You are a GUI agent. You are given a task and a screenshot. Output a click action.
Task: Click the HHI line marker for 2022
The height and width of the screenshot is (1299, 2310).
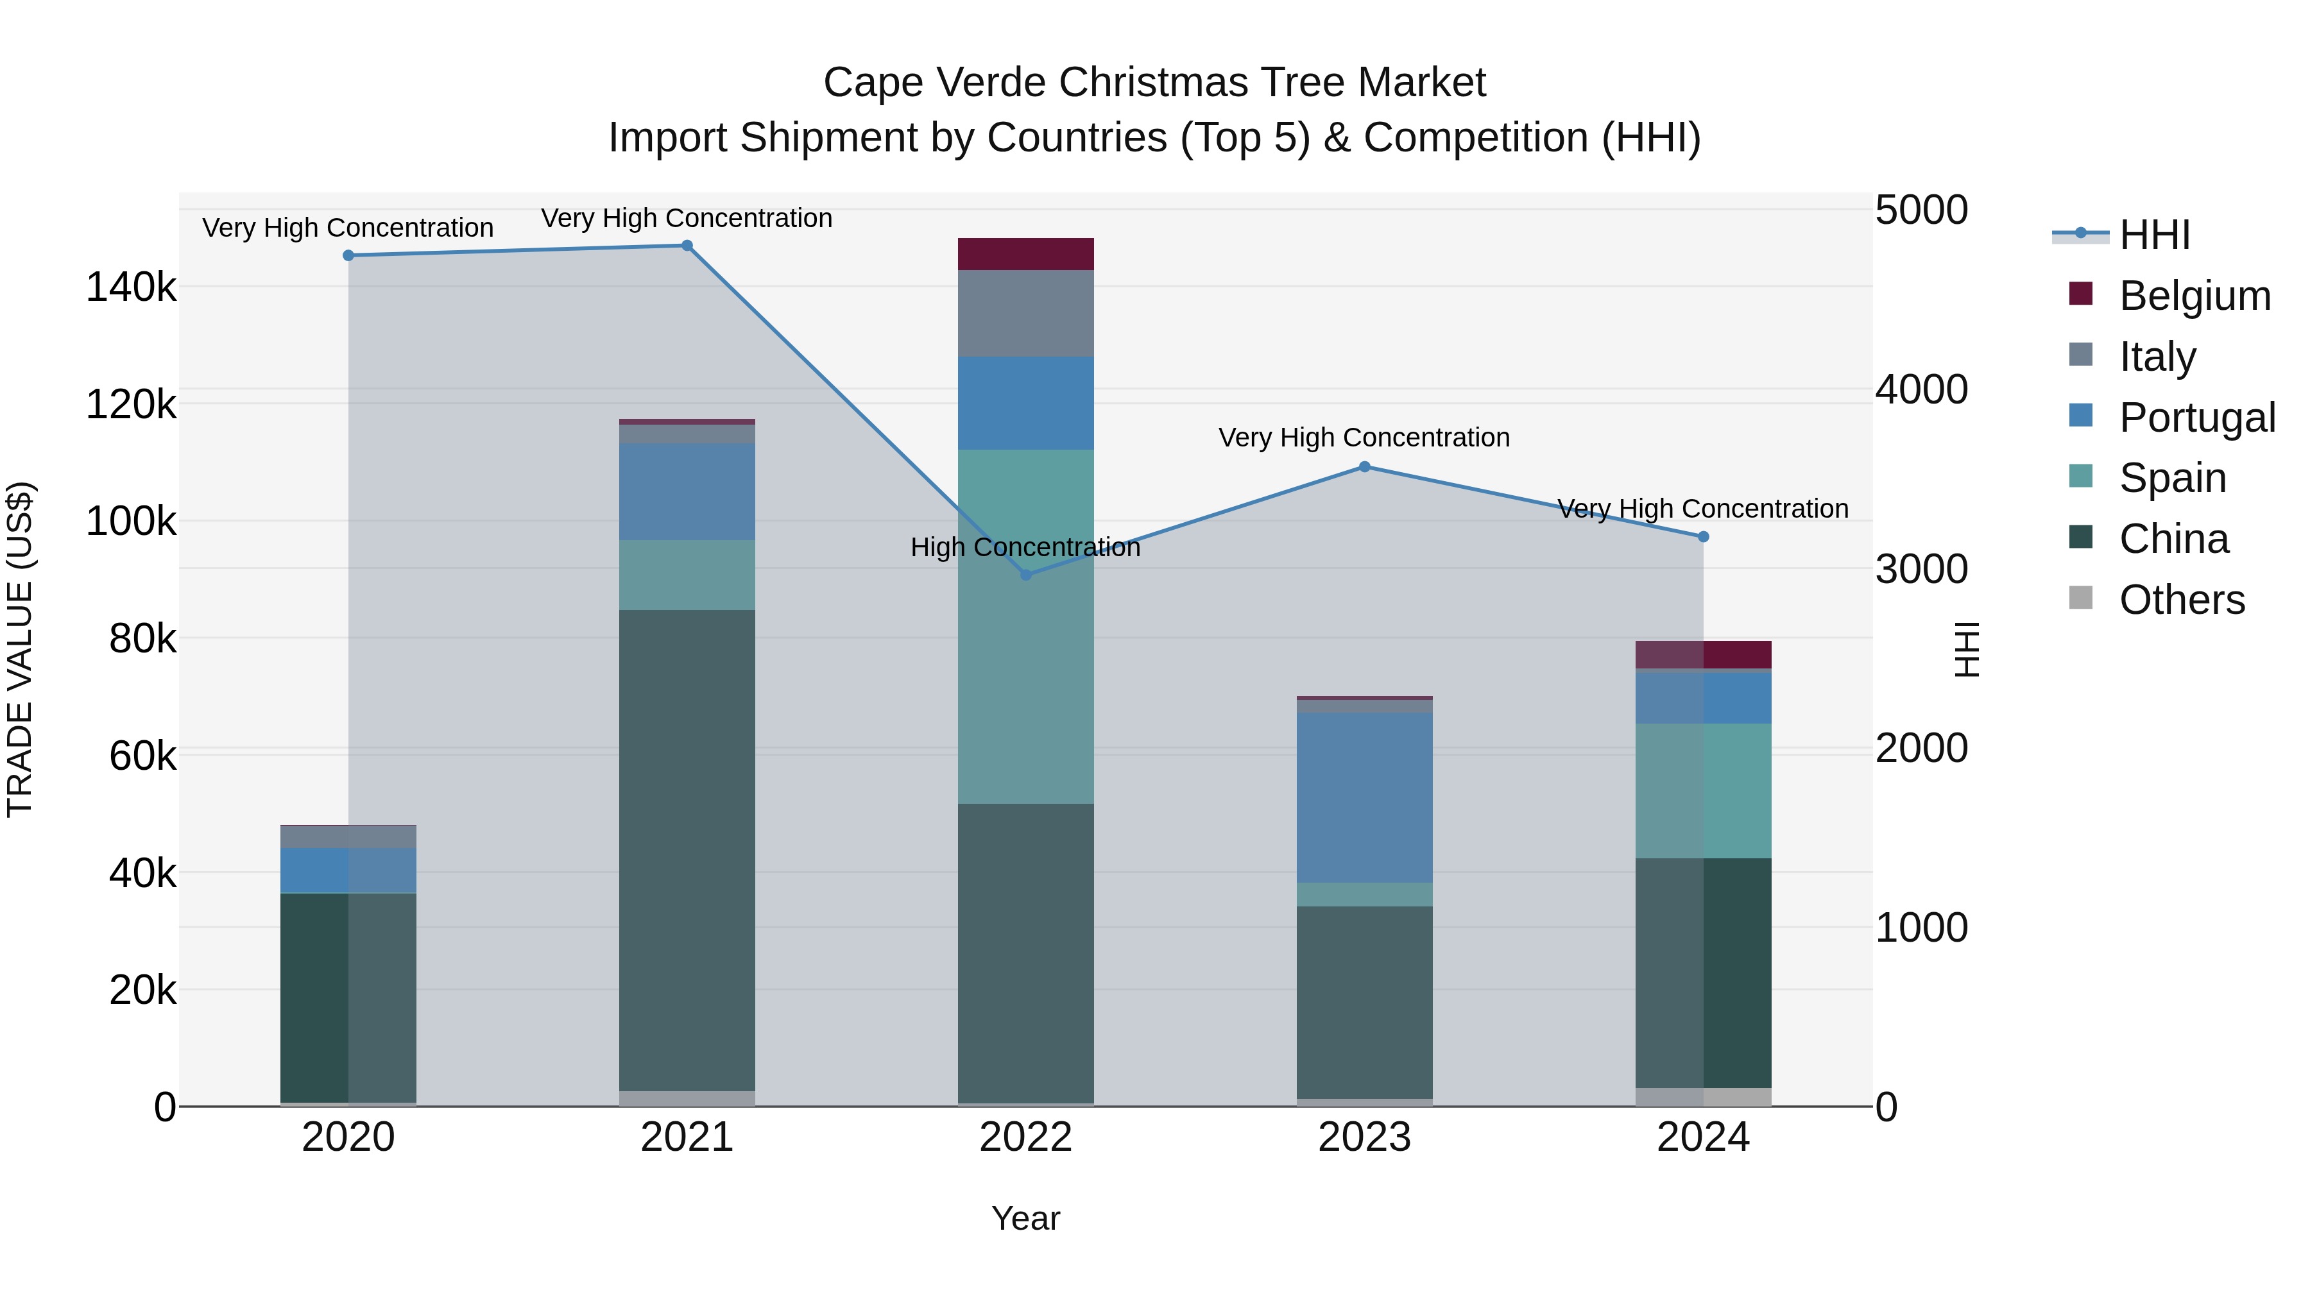click(x=1026, y=575)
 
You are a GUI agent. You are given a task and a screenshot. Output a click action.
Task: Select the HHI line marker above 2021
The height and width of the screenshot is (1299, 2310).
click(x=687, y=246)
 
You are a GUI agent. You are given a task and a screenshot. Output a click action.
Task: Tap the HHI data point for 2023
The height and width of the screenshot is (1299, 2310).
click(x=1365, y=467)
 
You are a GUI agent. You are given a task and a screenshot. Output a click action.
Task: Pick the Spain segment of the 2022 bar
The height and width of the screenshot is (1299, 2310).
click(x=1026, y=627)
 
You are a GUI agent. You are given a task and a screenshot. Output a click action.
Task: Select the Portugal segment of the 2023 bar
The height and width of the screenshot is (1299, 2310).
click(x=1365, y=798)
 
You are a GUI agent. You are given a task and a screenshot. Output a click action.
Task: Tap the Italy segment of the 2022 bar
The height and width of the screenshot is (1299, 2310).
click(x=1026, y=314)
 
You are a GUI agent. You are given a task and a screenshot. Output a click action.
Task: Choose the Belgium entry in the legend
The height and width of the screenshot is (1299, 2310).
click(x=2193, y=296)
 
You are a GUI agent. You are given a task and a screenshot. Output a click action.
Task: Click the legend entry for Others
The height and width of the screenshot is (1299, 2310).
click(x=2181, y=600)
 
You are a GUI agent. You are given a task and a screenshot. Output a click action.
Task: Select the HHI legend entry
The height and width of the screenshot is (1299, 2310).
click(x=2154, y=235)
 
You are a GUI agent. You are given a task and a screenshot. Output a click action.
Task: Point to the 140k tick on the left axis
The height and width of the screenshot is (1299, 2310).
click(x=131, y=288)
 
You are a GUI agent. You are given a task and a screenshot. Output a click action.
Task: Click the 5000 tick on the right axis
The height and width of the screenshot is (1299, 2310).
click(x=1921, y=210)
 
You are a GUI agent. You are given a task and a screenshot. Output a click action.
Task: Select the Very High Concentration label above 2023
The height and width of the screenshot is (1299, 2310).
click(x=1364, y=437)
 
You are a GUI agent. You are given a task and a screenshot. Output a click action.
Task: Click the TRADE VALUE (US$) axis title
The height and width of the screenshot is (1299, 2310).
click(x=20, y=649)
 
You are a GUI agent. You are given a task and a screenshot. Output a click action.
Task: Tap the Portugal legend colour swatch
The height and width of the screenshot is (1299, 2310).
click(x=2080, y=416)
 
